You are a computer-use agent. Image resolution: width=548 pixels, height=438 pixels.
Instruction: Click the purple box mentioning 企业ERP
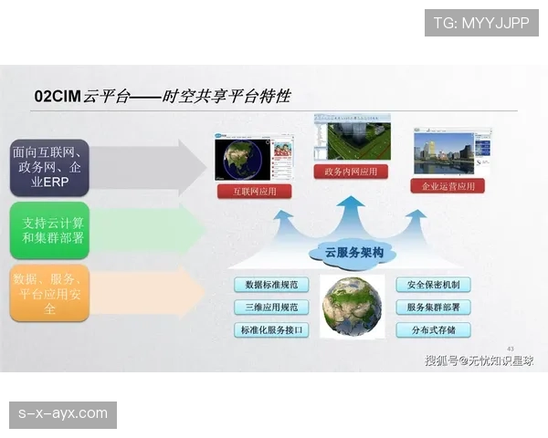click(x=49, y=167)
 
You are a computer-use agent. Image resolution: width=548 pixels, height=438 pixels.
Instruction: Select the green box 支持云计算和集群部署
click(x=49, y=230)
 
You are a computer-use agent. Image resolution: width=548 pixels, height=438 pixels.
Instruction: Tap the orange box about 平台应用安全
click(x=49, y=293)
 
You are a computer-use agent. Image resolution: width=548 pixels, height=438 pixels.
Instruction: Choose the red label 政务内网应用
click(x=350, y=171)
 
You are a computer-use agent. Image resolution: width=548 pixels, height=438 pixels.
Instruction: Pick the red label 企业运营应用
click(x=448, y=185)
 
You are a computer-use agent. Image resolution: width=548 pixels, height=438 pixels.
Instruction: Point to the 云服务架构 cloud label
click(x=347, y=252)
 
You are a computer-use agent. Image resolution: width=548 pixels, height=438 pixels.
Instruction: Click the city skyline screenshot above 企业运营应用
click(x=445, y=151)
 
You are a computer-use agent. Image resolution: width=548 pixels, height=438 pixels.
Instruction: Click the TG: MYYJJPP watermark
click(x=481, y=23)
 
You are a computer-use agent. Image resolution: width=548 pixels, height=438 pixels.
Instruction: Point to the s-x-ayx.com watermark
click(x=62, y=414)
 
